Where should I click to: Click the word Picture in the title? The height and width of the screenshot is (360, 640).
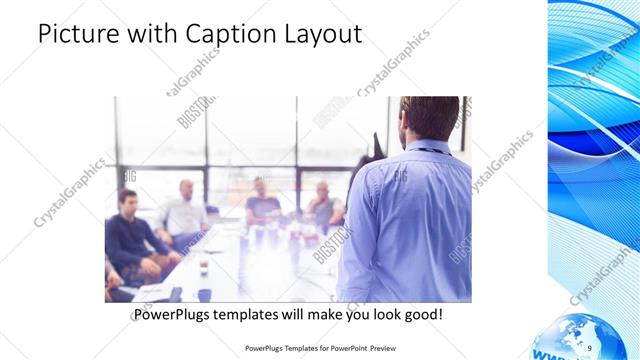point(80,34)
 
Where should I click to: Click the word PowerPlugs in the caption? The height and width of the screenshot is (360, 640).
point(178,314)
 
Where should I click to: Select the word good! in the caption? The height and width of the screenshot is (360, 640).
point(420,314)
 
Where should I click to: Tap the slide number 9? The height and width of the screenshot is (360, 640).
point(588,347)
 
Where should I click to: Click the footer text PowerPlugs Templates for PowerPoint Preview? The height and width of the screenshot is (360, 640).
point(330,348)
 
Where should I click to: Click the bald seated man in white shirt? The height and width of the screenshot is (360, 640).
point(184,210)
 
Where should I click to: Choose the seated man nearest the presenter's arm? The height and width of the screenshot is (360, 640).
point(324,205)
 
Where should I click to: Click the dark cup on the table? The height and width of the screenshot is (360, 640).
point(203,267)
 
